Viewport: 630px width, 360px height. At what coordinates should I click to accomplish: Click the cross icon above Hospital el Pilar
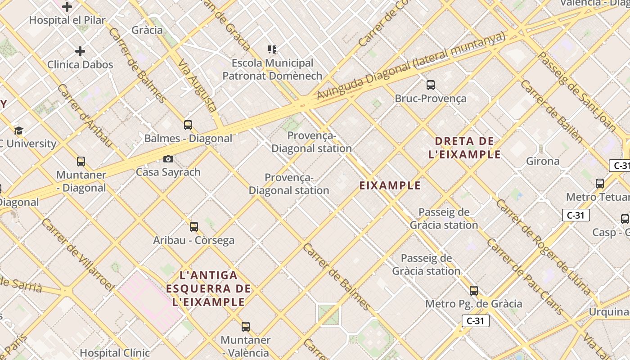coord(67,7)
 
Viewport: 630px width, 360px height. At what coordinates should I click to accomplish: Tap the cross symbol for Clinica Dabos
coord(80,51)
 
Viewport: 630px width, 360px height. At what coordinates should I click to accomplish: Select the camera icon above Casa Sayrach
coord(168,159)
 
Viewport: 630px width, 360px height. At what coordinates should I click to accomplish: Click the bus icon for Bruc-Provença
coord(431,85)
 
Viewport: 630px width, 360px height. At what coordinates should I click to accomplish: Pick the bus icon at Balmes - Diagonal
coord(188,125)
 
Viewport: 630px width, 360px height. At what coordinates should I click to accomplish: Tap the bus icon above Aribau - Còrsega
coord(194,227)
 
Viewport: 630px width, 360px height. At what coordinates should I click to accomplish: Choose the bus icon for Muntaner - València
coord(246,327)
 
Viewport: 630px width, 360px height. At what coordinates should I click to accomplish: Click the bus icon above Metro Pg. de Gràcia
coord(474,291)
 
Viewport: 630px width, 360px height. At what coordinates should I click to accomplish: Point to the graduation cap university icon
coord(18,131)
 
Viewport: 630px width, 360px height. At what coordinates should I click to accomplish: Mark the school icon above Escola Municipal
coord(272,49)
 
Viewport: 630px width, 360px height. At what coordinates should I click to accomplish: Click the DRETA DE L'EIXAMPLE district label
coord(464,148)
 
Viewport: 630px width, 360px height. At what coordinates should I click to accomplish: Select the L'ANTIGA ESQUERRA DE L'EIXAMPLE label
coord(208,288)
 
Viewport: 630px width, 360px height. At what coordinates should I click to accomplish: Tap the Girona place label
coord(543,161)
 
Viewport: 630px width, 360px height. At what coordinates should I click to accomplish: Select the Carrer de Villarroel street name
coord(78,254)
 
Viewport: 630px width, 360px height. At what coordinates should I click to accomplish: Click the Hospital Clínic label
coord(114,353)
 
